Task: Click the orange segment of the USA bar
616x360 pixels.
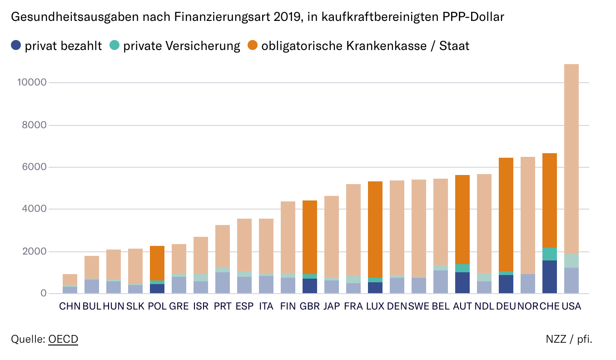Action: pyautogui.click(x=571, y=159)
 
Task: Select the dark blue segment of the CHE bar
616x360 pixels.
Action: pyautogui.click(x=549, y=277)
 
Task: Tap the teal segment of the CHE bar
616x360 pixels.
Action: pyautogui.click(x=549, y=254)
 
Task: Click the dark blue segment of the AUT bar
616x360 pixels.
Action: pyautogui.click(x=462, y=283)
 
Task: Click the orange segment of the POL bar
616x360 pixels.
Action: pyautogui.click(x=157, y=263)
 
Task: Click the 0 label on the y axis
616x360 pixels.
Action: pyautogui.click(x=44, y=294)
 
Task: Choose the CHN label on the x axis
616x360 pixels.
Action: pyautogui.click(x=70, y=306)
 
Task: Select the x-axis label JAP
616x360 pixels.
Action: pyautogui.click(x=331, y=306)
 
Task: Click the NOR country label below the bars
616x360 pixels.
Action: pyautogui.click(x=527, y=306)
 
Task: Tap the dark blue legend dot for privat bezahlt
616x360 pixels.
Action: pyautogui.click(x=16, y=45)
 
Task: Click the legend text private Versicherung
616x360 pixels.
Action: pyautogui.click(x=181, y=45)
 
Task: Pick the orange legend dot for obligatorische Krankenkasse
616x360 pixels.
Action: pyautogui.click(x=253, y=45)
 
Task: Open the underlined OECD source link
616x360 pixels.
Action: pyautogui.click(x=63, y=339)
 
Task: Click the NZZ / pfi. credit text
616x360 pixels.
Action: pyautogui.click(x=569, y=339)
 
